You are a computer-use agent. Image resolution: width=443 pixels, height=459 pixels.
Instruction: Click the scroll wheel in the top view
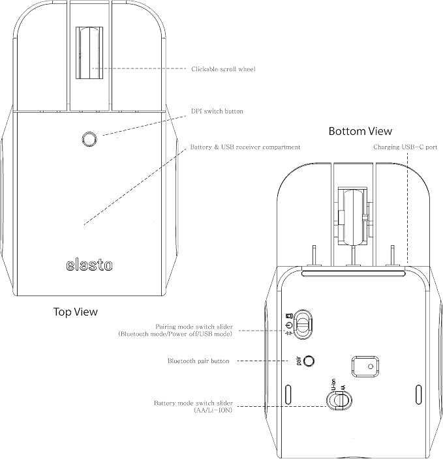click(x=89, y=53)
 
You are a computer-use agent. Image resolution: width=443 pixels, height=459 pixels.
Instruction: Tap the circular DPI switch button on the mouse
click(x=89, y=139)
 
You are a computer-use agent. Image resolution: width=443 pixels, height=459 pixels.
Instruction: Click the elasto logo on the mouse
click(x=89, y=265)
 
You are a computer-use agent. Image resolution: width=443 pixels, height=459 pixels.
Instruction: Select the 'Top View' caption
click(x=75, y=312)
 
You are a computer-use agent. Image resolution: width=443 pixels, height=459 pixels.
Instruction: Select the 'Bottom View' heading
click(x=360, y=131)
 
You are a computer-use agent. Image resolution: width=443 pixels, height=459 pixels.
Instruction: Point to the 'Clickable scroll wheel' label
click(x=223, y=69)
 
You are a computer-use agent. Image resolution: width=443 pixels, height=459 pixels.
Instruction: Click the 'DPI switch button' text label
click(x=217, y=111)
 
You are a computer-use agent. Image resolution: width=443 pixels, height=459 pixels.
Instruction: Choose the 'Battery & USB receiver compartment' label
click(x=245, y=147)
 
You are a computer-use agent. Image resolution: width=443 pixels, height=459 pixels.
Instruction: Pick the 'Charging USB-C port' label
click(x=405, y=147)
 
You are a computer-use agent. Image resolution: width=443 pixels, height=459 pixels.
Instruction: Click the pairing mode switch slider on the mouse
click(x=303, y=324)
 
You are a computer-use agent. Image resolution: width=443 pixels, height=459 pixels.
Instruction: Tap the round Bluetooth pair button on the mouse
click(x=309, y=361)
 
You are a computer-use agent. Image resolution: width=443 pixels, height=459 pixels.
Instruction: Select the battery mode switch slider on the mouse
click(x=339, y=400)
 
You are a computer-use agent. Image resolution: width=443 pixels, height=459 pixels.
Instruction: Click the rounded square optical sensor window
click(x=365, y=366)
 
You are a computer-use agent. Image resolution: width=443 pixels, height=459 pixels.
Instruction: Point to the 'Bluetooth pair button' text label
click(x=198, y=361)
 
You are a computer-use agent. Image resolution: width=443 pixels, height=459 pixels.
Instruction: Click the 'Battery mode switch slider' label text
click(x=193, y=403)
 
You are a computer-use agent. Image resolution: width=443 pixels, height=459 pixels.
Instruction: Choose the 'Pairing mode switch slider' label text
click(x=194, y=327)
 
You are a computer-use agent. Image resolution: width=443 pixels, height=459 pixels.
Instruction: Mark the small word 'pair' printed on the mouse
click(x=299, y=361)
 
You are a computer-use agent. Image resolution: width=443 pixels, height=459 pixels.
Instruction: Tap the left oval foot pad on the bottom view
click(x=288, y=394)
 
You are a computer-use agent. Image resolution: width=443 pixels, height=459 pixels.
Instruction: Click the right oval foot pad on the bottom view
click(x=419, y=394)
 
